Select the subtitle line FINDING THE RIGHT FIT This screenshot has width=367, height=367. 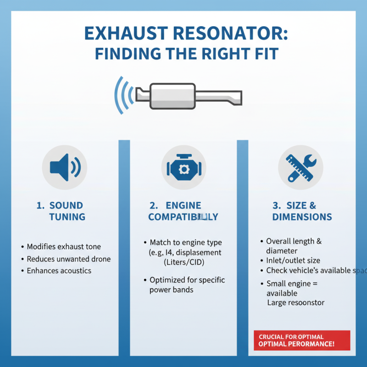(186, 54)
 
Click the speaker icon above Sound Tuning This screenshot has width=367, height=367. (64, 166)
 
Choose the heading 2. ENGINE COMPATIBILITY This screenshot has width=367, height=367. (183, 211)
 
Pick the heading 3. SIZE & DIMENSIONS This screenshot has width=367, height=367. (301, 211)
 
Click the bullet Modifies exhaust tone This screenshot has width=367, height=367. (64, 247)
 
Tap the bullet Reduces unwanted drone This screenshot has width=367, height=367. (68, 259)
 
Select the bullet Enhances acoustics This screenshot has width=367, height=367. (59, 271)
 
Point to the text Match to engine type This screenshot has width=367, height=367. (186, 242)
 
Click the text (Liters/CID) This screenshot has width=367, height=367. (183, 263)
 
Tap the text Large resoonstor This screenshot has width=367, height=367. (296, 302)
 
